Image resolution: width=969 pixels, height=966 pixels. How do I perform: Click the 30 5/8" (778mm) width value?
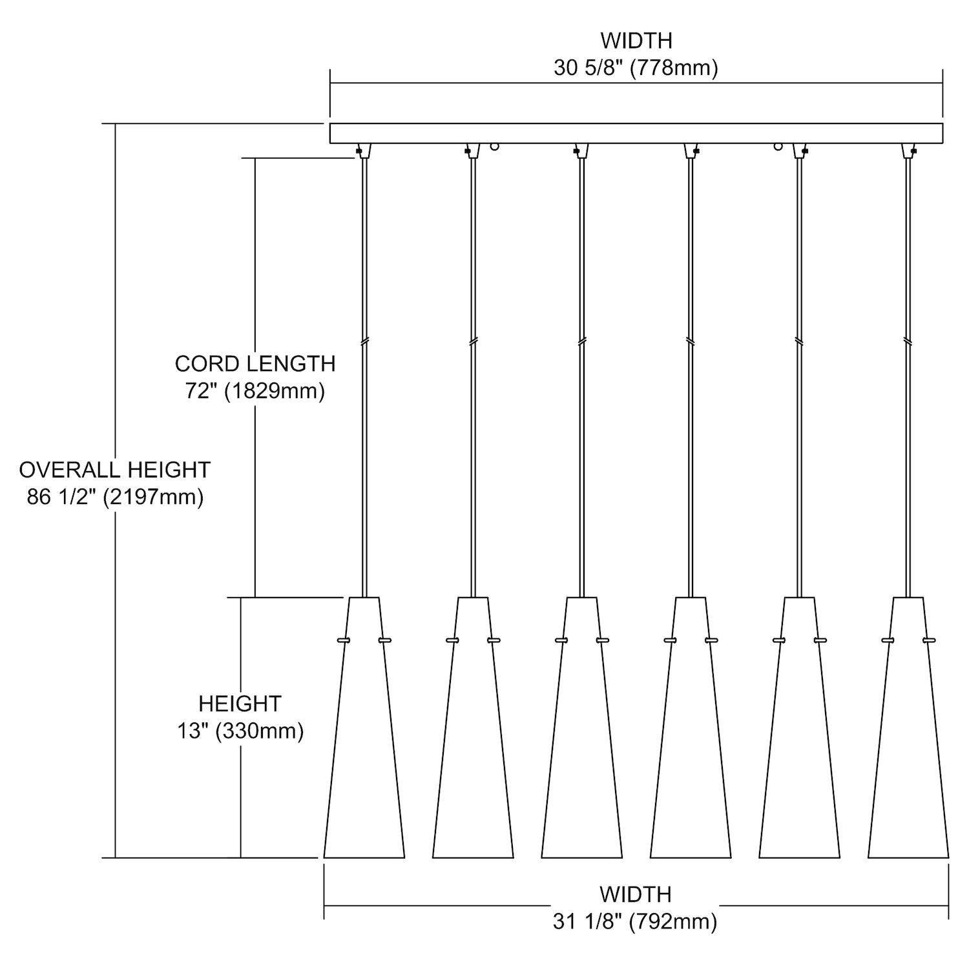pos(636,68)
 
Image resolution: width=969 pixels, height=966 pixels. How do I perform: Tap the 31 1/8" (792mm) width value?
pos(635,921)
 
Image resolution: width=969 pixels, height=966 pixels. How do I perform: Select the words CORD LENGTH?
pos(255,364)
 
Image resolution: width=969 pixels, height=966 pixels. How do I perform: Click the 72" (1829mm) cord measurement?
pos(255,391)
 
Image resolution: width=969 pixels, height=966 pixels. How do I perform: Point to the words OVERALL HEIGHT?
pos(115,470)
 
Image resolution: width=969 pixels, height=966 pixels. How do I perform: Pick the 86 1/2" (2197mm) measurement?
pos(115,497)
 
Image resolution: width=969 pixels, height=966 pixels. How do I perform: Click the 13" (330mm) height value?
pos(240,731)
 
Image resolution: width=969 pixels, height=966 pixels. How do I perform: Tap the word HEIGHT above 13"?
pos(240,703)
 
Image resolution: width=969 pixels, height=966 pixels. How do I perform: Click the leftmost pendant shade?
pos(364,743)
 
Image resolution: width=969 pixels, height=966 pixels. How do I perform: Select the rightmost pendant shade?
pos(908,743)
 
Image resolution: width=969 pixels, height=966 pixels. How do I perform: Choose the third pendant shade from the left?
pos(582,743)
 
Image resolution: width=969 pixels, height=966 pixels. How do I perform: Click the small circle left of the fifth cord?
pos(778,147)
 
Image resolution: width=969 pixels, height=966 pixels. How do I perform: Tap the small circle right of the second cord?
pos(495,147)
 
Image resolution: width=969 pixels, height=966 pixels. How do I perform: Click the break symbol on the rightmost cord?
pos(908,341)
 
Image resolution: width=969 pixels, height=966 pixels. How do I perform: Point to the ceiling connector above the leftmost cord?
pos(364,150)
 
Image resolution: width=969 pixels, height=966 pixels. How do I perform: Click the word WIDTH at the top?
pos(636,41)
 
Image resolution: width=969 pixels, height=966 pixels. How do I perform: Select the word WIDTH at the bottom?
pos(635,894)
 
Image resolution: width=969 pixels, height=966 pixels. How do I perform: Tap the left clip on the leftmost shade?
pos(343,640)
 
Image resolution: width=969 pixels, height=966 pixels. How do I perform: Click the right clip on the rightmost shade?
pos(930,640)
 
